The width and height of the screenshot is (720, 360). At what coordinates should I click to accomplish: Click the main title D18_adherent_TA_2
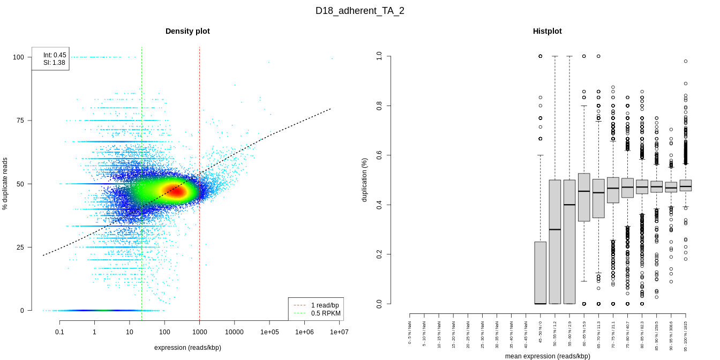359,11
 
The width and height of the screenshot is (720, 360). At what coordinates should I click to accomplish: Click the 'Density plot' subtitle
187,31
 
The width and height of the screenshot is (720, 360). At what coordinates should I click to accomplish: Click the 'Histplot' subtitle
547,31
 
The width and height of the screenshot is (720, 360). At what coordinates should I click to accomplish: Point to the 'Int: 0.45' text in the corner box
55,55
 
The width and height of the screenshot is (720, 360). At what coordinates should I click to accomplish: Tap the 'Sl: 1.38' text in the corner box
54,63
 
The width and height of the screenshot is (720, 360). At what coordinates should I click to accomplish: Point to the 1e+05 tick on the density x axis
269,332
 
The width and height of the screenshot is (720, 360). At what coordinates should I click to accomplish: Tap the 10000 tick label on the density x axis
234,332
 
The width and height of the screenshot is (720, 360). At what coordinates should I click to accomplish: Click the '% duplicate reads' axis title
5,184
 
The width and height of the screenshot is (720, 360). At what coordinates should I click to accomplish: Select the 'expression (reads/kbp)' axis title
187,348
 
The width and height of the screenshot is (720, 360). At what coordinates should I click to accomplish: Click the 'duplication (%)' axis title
365,179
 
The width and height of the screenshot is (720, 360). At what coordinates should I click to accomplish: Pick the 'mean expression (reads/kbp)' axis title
547,356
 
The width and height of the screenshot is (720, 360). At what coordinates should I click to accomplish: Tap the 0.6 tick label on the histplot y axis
379,155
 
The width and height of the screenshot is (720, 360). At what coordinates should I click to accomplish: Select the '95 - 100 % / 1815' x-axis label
685,335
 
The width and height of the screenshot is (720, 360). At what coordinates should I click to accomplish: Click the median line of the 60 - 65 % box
584,191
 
